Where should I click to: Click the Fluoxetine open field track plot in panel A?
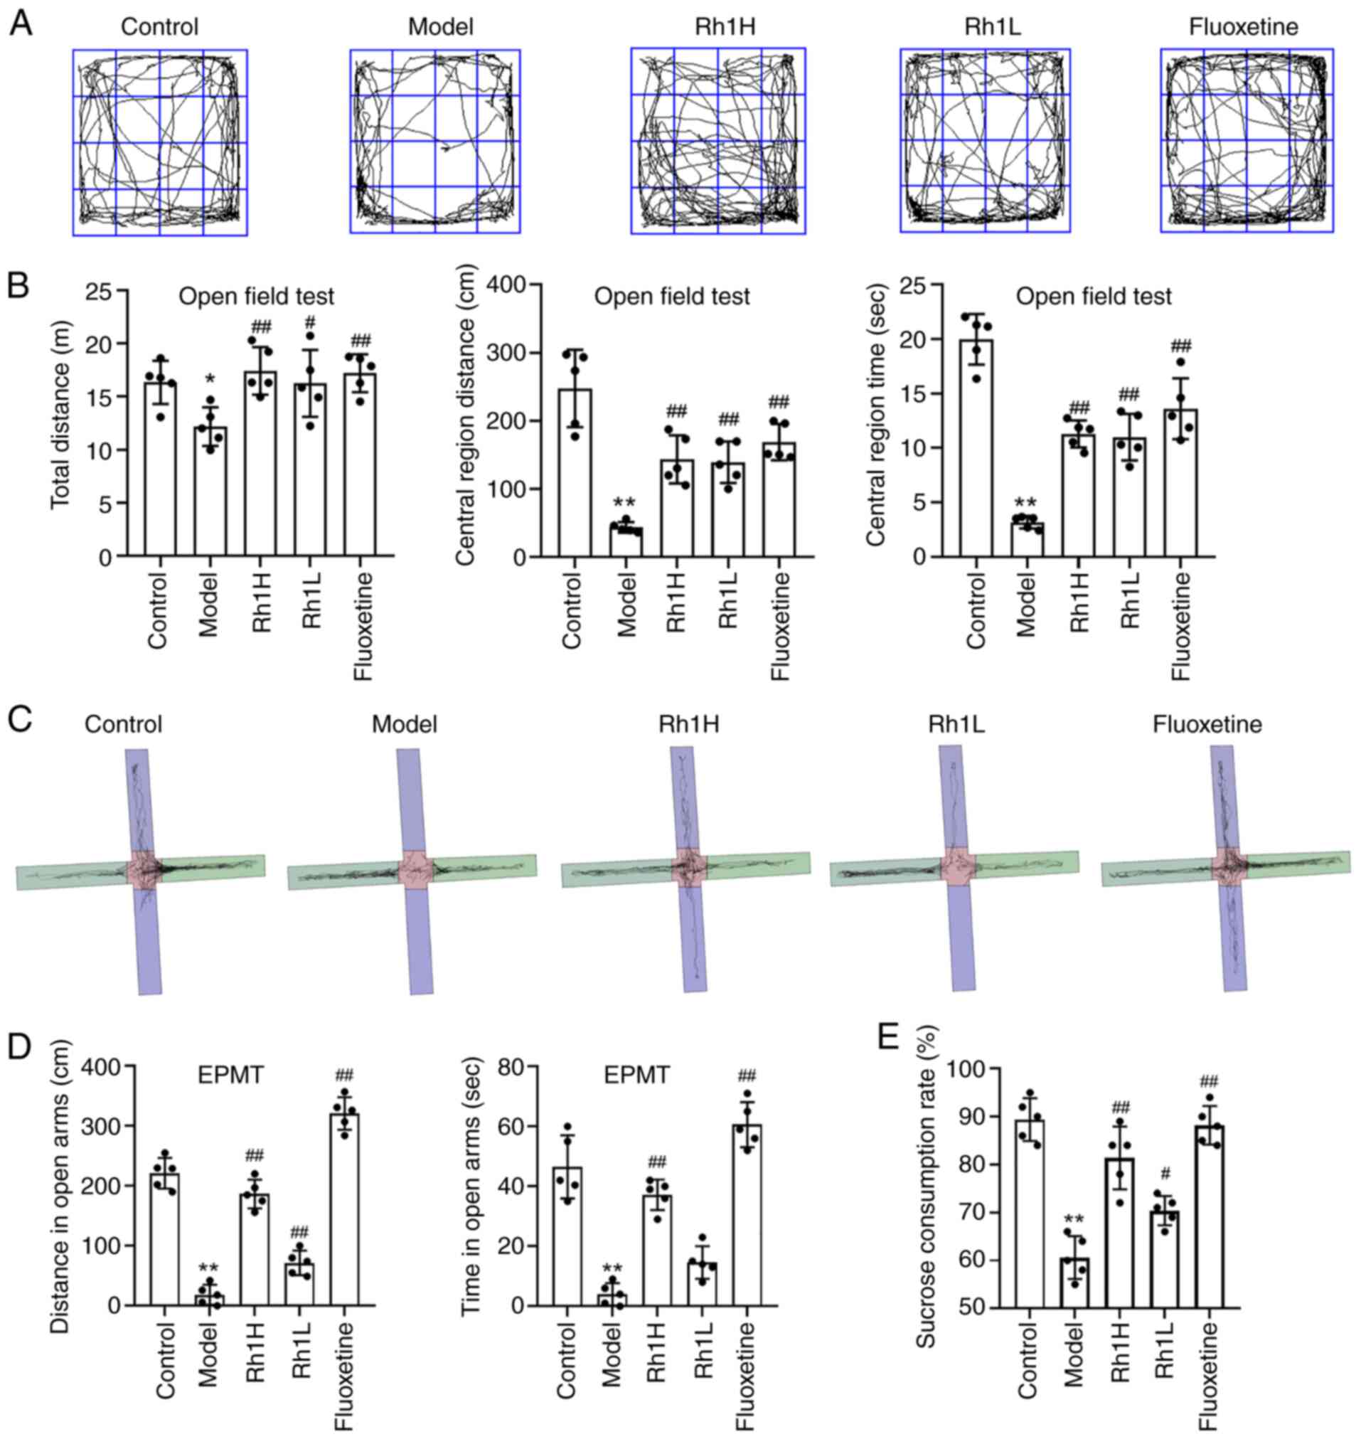tap(1247, 141)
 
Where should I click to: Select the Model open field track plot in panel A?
tap(435, 142)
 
